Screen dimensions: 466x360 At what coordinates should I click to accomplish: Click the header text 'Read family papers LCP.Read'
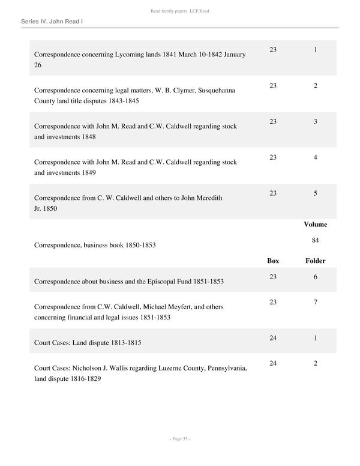pos(180,11)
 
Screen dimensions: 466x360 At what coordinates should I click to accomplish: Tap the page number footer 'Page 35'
pos(180,439)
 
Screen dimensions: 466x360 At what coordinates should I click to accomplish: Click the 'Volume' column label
pos(315,225)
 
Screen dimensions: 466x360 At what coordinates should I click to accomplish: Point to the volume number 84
pos(315,240)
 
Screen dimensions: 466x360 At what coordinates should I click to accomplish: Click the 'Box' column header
pos(273,261)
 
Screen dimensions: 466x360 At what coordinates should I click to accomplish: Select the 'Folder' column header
pos(315,261)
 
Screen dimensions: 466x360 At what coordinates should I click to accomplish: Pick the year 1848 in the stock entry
pos(88,137)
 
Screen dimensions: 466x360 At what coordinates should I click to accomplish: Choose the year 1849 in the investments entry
pos(88,173)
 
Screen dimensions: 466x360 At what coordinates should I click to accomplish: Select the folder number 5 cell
pos(315,193)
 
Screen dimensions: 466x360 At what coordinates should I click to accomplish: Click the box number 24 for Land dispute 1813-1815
pos(273,339)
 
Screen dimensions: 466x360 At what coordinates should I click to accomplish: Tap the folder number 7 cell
pos(315,302)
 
